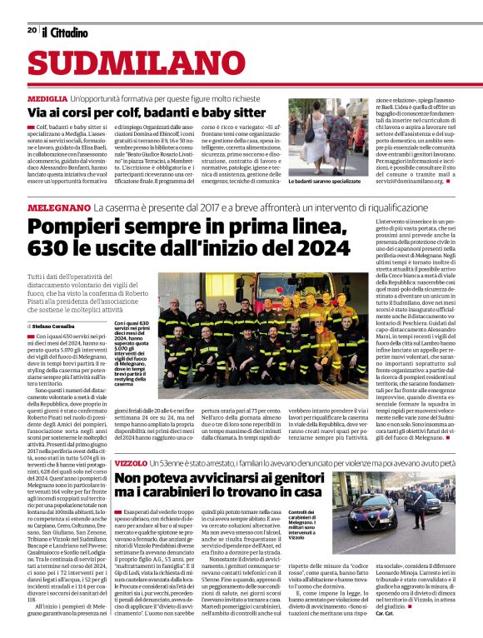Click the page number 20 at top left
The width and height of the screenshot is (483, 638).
pos(32,31)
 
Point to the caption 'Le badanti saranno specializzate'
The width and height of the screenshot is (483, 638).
pos(325,181)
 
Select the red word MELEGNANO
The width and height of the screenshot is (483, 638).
pos(57,206)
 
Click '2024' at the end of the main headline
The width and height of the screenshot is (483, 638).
pos(321,248)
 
